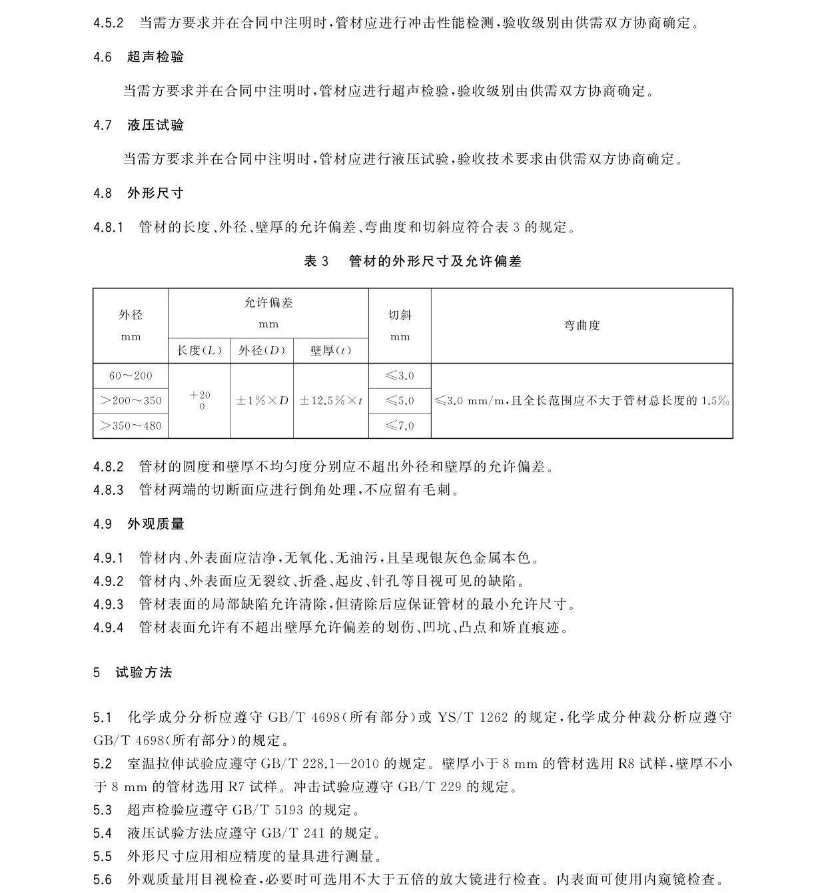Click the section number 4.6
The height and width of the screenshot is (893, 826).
(x=103, y=57)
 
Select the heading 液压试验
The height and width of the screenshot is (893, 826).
(x=155, y=125)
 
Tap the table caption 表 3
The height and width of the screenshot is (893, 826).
(x=316, y=261)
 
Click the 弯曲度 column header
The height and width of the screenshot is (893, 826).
(x=582, y=326)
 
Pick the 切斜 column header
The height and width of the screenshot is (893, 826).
(x=400, y=316)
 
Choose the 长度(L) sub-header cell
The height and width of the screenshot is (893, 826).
(x=199, y=350)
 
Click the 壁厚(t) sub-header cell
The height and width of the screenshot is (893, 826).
(x=330, y=350)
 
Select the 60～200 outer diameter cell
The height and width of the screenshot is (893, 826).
(x=131, y=376)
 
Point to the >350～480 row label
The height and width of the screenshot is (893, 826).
(x=131, y=426)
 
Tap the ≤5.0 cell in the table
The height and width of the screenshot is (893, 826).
(x=400, y=401)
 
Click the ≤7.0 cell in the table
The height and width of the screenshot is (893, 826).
(x=400, y=426)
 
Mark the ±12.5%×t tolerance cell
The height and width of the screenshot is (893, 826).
(x=330, y=401)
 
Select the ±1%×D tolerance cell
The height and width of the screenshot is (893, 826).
(x=262, y=401)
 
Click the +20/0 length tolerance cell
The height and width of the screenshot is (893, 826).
(x=199, y=400)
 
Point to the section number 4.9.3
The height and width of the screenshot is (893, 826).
(x=109, y=605)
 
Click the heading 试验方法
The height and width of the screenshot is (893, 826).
(x=144, y=673)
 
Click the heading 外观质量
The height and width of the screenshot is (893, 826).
(x=155, y=524)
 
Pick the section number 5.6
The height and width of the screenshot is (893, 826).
(x=103, y=880)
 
